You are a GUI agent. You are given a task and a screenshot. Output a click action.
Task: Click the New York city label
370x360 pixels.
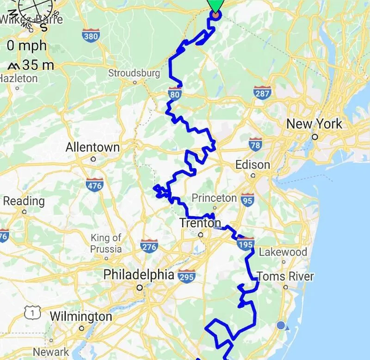click(314, 124)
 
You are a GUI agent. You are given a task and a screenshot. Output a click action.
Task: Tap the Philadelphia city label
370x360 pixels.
click(139, 275)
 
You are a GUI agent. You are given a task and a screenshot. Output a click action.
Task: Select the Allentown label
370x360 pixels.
click(92, 148)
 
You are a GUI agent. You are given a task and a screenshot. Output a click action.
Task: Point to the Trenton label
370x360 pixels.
click(200, 223)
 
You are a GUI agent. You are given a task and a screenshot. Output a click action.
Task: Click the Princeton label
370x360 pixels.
click(214, 198)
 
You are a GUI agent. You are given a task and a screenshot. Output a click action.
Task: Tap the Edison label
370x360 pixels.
click(253, 165)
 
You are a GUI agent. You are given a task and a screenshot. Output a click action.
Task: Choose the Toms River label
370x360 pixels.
click(285, 277)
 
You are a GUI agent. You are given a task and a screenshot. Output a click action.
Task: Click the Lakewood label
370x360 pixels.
click(283, 252)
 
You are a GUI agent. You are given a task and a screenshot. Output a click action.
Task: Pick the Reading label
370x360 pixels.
click(24, 201)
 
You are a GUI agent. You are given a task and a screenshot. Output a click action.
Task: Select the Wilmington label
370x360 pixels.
click(81, 317)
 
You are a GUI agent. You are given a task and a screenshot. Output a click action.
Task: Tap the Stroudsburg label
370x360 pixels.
click(134, 73)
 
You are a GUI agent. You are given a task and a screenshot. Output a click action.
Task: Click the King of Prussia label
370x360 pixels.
click(106, 243)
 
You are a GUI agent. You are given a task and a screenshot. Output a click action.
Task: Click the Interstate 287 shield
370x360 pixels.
click(261, 92)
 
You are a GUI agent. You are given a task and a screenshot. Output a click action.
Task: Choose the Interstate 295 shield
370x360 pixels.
click(186, 276)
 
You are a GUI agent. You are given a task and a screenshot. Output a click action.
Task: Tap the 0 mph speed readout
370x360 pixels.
click(27, 46)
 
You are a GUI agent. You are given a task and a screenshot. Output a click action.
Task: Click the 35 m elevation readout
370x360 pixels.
click(31, 65)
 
